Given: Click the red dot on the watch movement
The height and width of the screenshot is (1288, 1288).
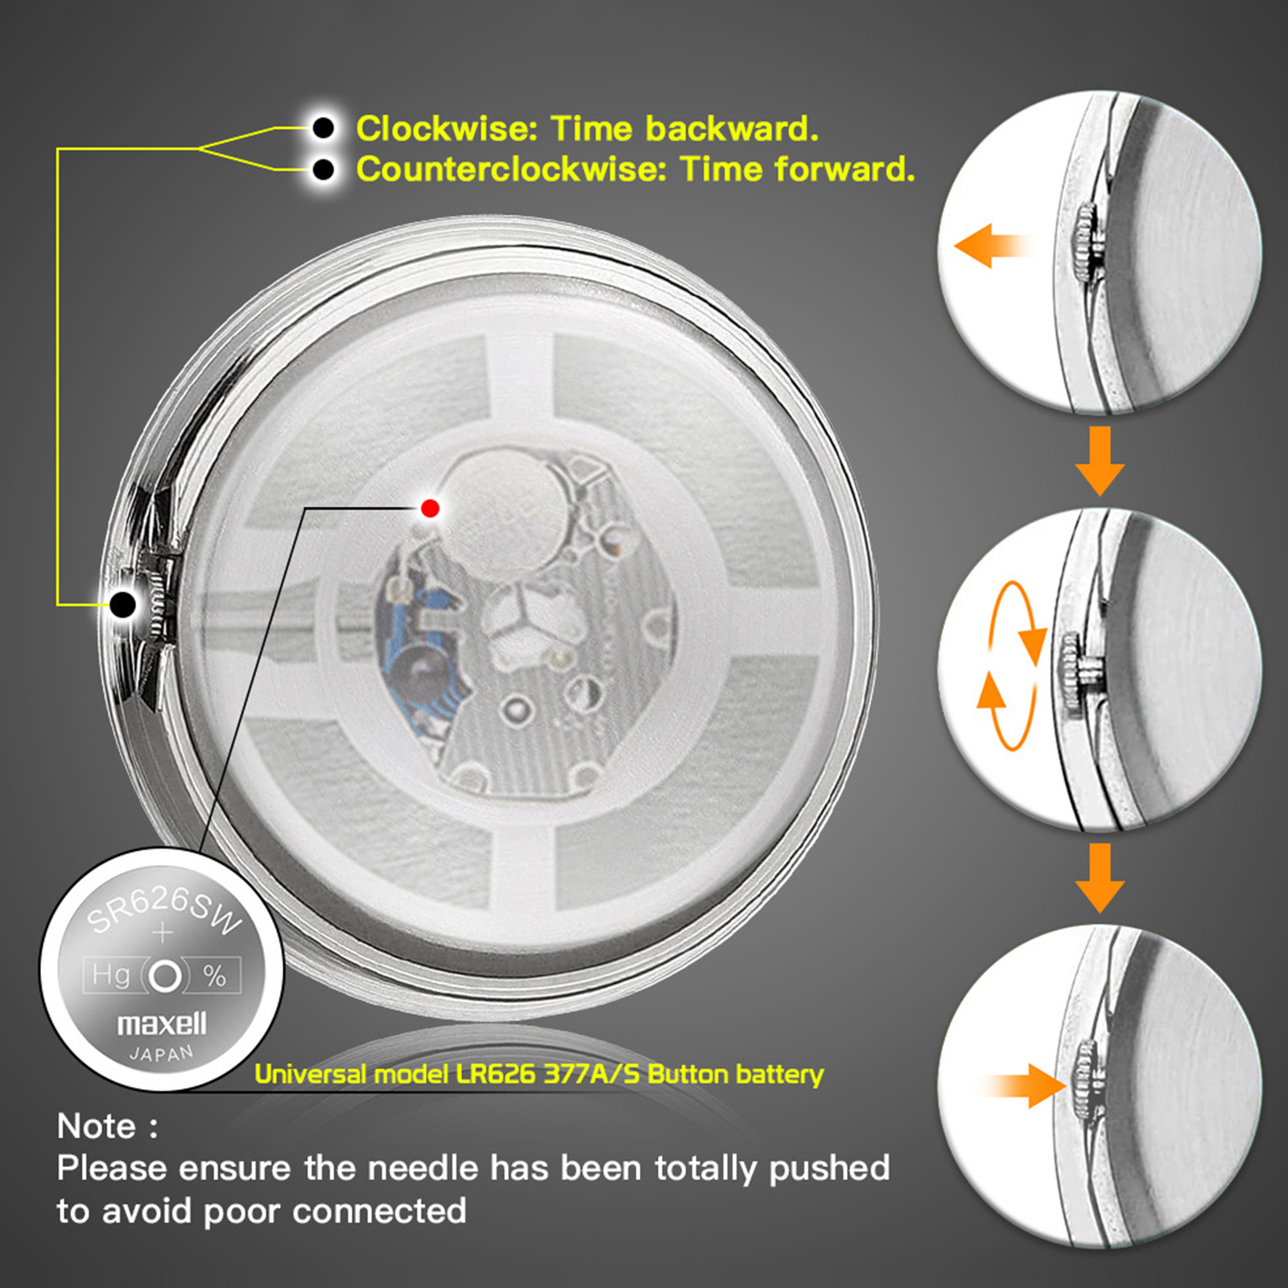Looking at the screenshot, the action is click(x=430, y=508).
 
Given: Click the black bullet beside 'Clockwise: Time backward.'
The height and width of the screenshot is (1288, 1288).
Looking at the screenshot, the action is click(x=324, y=127).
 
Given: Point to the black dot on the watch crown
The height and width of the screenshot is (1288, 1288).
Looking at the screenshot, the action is click(x=122, y=604).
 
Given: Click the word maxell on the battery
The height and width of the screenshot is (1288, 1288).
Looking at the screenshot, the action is click(x=162, y=1023).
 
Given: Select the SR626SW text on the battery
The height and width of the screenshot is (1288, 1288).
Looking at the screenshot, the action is click(x=163, y=911).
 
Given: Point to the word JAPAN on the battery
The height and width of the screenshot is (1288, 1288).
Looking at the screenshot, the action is click(x=162, y=1054).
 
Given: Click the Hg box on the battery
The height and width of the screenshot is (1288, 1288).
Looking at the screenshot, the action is click(x=111, y=976).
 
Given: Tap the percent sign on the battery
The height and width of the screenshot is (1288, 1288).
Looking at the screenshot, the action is click(x=214, y=976).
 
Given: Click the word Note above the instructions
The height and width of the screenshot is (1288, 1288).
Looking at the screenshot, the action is click(x=97, y=1126).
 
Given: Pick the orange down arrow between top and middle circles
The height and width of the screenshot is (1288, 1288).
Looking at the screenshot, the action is click(x=1100, y=460).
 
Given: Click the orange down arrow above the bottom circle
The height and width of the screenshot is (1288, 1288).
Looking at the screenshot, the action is click(x=1100, y=877).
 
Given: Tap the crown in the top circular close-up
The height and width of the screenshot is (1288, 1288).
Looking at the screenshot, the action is click(x=1086, y=242).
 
